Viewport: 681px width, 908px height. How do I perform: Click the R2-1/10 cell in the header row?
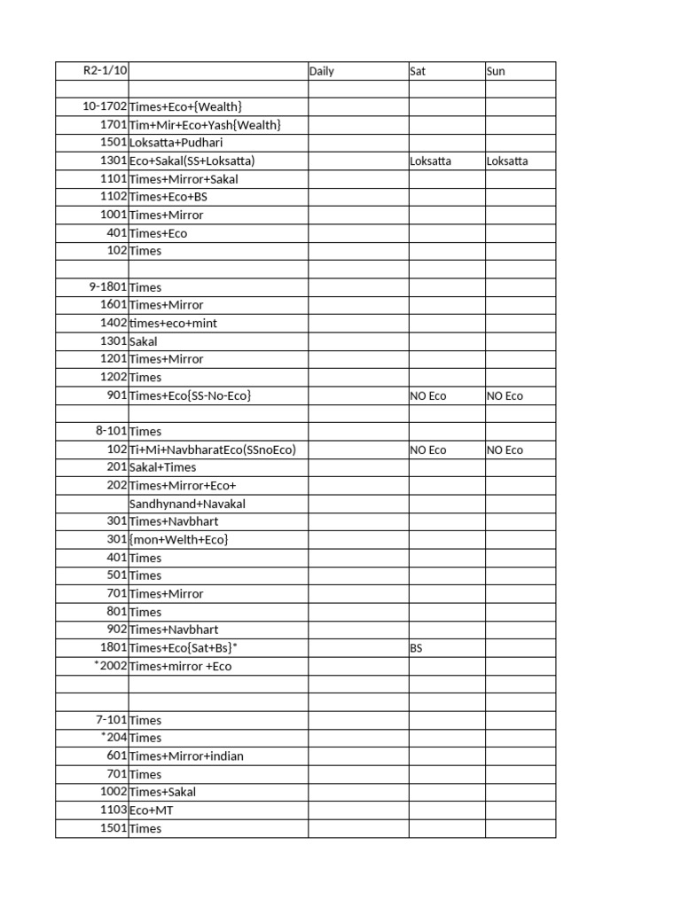[104, 71]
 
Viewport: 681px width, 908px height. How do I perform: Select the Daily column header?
[322, 71]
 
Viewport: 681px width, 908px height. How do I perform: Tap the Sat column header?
[418, 71]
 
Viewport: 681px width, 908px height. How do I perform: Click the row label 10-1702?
[105, 107]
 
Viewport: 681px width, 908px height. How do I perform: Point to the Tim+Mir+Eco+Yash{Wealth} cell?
[205, 125]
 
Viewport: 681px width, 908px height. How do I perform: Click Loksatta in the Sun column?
[507, 161]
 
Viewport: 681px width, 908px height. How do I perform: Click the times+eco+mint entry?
[173, 324]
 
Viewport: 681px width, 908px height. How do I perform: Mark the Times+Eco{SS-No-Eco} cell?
[190, 395]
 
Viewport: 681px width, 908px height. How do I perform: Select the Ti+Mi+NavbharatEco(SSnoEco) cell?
[212, 450]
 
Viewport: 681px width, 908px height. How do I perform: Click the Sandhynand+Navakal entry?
[187, 504]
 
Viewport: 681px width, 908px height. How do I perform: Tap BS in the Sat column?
[416, 648]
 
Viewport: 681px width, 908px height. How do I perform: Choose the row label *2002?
[110, 666]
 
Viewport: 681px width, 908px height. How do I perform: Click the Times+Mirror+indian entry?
[186, 756]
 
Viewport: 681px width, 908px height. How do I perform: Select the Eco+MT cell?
[156, 810]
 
